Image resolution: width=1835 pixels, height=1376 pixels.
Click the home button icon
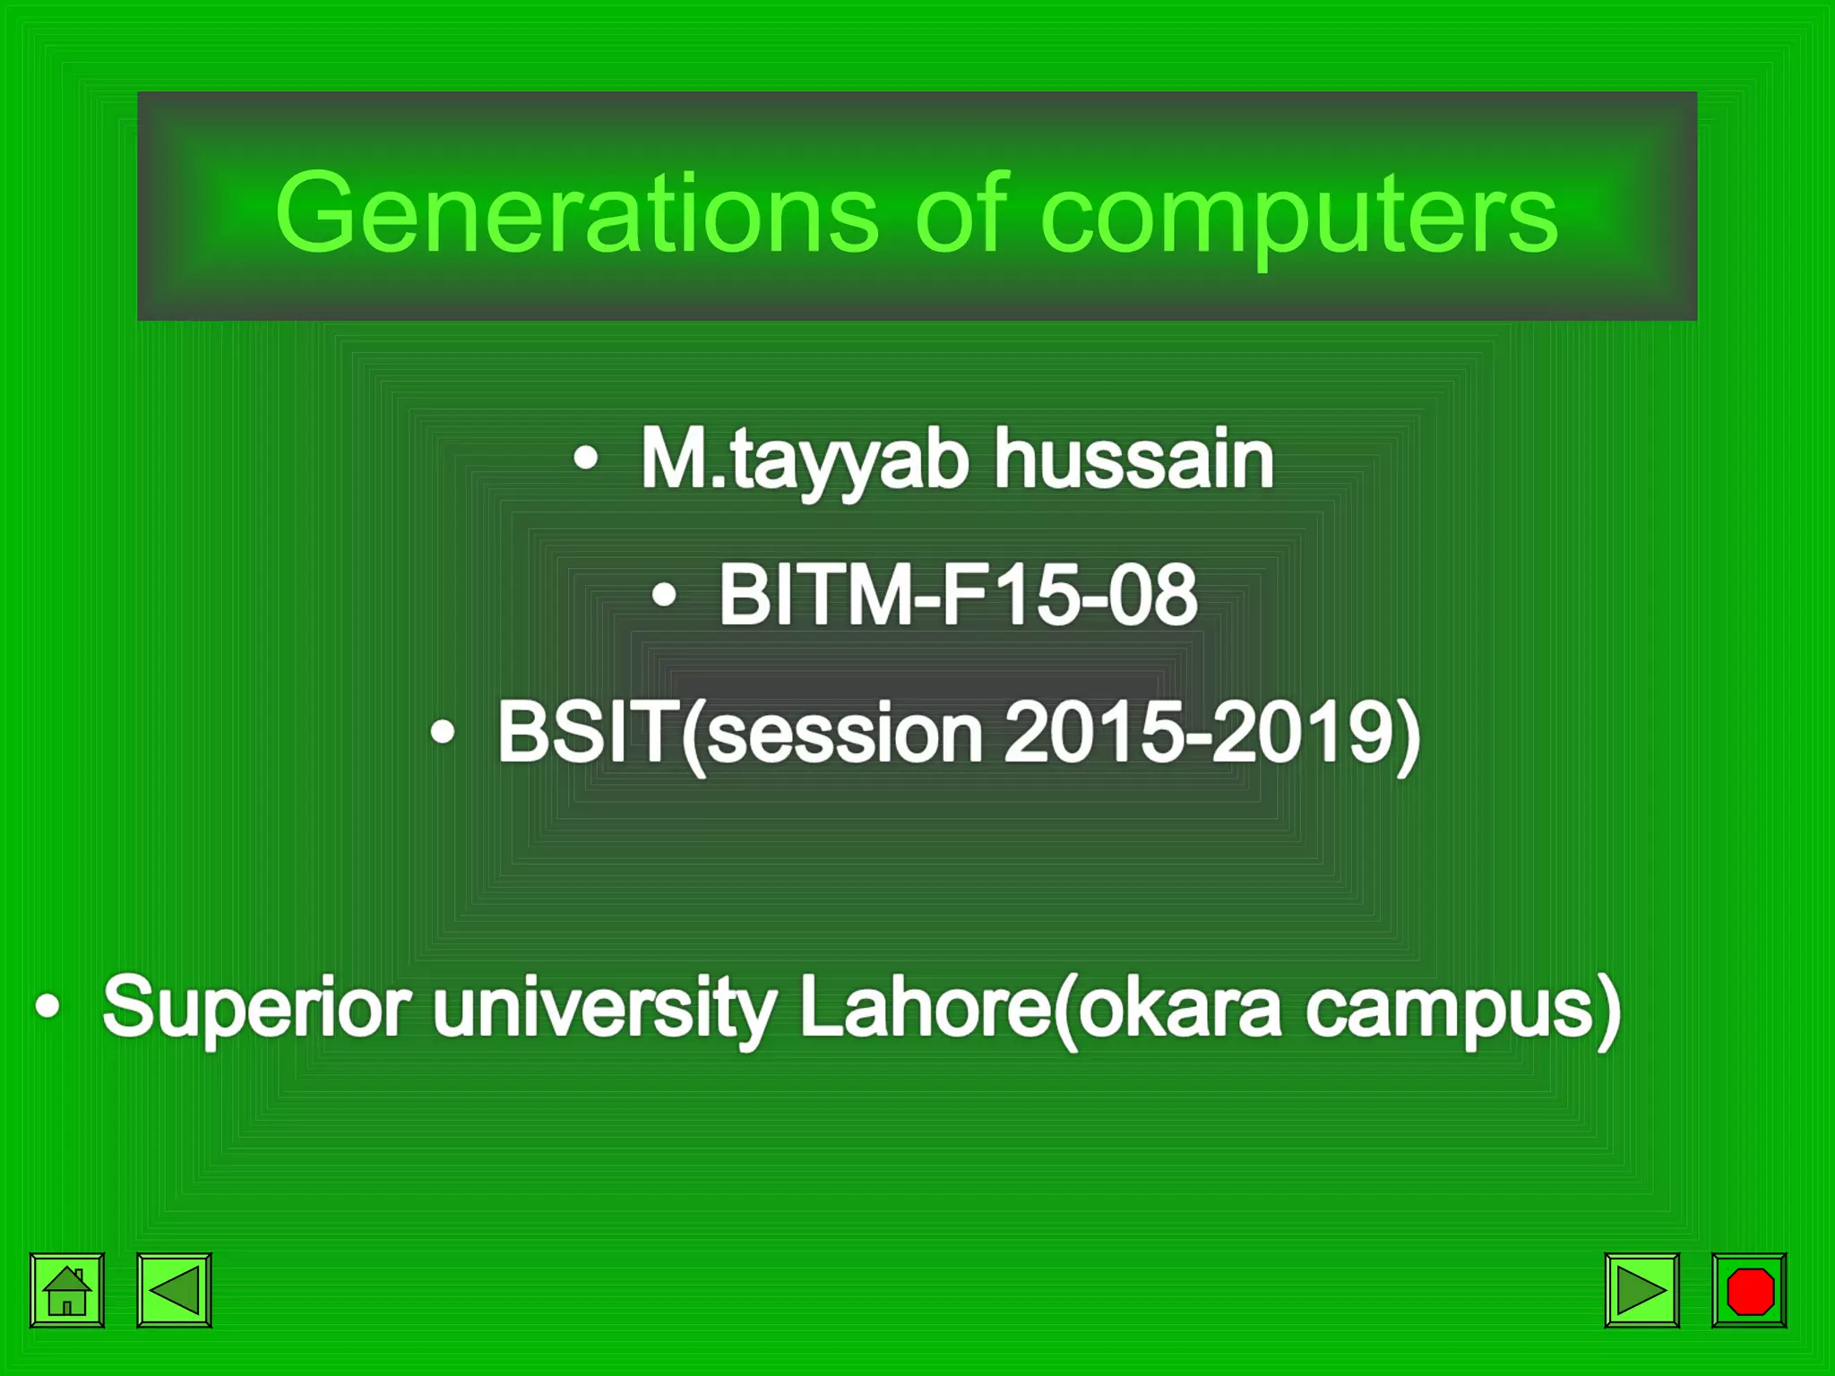pyautogui.click(x=67, y=1290)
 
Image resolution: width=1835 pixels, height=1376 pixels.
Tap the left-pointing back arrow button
pyautogui.click(x=174, y=1290)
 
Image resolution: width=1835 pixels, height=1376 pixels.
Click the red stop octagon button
pyautogui.click(x=1749, y=1290)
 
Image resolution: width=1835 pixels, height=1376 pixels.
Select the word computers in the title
pyautogui.click(x=1299, y=215)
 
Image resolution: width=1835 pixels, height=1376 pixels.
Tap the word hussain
pyautogui.click(x=1134, y=459)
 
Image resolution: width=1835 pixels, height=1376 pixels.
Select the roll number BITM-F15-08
pyautogui.click(x=957, y=595)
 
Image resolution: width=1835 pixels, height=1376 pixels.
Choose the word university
pyautogui.click(x=604, y=1007)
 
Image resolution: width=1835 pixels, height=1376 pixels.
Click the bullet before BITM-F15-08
pyautogui.click(x=664, y=595)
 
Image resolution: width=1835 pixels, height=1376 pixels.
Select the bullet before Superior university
pyautogui.click(x=47, y=1006)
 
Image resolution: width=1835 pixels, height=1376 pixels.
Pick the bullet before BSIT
pyautogui.click(x=443, y=733)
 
